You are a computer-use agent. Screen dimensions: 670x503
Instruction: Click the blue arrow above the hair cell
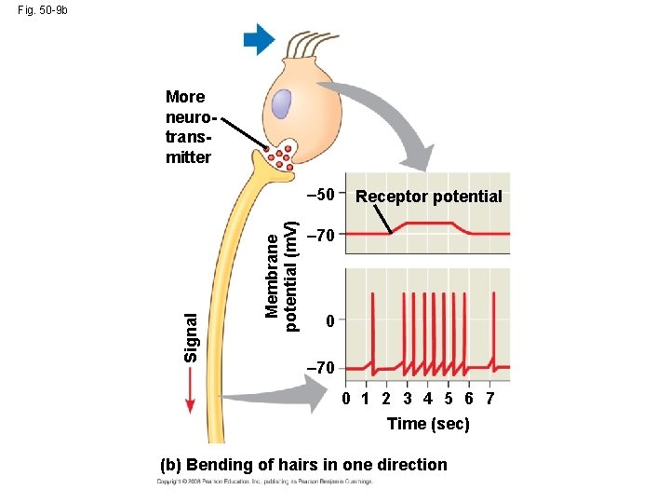click(259, 39)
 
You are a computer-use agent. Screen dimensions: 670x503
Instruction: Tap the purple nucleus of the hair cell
click(283, 104)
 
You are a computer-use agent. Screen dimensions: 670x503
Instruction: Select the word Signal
click(191, 336)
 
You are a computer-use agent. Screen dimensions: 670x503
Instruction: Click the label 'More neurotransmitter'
click(186, 126)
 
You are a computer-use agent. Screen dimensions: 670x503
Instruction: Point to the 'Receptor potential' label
click(429, 197)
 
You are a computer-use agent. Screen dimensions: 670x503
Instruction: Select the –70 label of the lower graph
click(319, 370)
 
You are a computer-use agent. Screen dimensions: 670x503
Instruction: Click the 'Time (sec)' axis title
click(428, 424)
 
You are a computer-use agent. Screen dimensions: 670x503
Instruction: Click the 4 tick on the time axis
click(427, 400)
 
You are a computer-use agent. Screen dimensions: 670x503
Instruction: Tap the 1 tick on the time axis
click(366, 400)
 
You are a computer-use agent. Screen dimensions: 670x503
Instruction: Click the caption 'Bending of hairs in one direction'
click(303, 465)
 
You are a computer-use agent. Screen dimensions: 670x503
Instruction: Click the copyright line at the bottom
click(264, 483)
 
